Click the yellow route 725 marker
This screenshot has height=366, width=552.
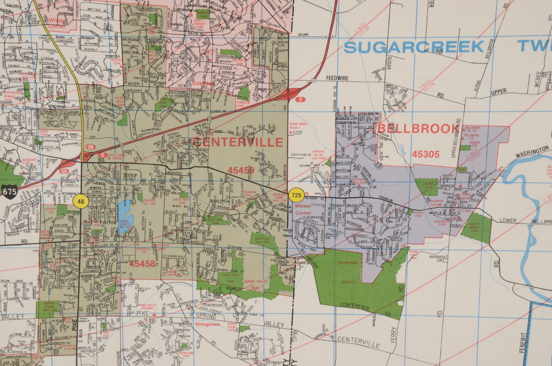(x=296, y=195)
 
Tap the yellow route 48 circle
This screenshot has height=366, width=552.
(x=81, y=200)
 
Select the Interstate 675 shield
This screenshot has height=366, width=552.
(x=9, y=192)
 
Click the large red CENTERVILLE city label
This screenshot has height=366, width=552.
(x=238, y=142)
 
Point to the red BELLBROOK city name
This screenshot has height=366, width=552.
(x=417, y=129)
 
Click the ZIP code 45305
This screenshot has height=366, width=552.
(x=426, y=154)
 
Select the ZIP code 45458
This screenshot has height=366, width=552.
(x=142, y=264)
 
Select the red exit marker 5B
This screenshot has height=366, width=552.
(x=90, y=147)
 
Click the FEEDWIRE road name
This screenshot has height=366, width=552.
(x=339, y=79)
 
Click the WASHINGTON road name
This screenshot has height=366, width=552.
(x=532, y=150)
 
